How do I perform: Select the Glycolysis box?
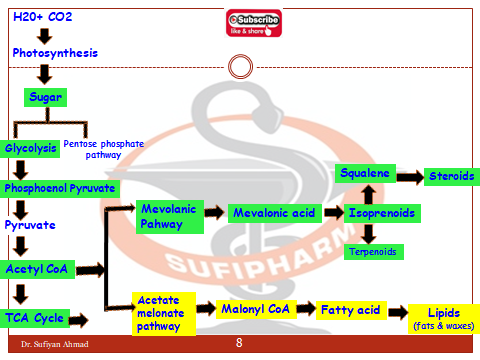[30, 147]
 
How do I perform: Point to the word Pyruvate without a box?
[30, 225]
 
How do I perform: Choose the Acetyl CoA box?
[37, 269]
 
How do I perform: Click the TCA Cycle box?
[34, 319]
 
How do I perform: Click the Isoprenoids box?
[383, 213]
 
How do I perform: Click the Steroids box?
[450, 176]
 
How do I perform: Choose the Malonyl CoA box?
[253, 309]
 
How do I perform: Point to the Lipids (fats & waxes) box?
[442, 318]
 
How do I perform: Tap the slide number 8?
[239, 343]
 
